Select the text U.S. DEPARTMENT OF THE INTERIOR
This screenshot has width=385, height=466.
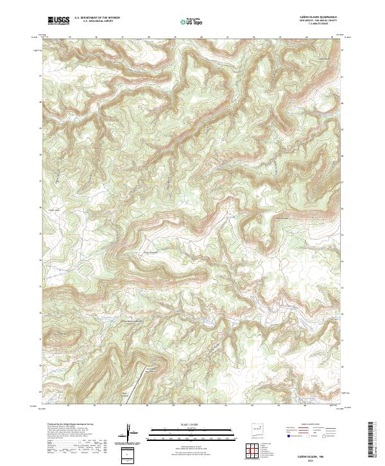97,17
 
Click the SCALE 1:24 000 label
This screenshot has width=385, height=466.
178,424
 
